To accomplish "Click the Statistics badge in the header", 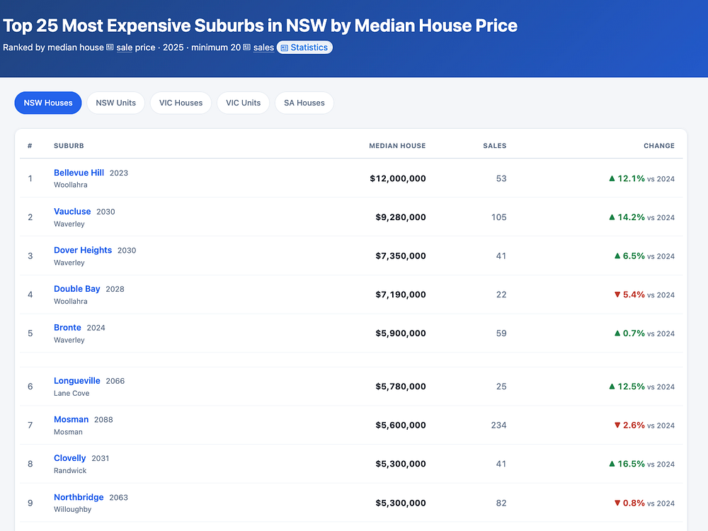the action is pos(304,47).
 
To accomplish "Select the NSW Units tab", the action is pos(115,103).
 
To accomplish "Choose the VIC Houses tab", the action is pos(181,103).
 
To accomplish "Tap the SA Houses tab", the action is pos(304,103).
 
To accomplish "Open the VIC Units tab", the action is pos(244,103).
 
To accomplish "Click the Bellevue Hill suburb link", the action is pos(79,173).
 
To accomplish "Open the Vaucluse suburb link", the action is pos(72,211).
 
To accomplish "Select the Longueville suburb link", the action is pos(76,381).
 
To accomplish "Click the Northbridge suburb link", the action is pos(79,497).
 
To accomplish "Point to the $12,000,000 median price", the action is pos(398,178).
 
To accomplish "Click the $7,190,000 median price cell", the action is pos(401,295).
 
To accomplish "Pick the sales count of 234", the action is pos(498,425).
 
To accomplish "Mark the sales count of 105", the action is pos(498,217).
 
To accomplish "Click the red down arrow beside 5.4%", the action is pos(617,295).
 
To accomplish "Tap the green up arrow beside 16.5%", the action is pos(612,464).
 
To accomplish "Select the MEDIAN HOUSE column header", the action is pos(397,146).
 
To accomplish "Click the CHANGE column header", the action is pos(658,146).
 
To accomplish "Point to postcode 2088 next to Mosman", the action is pos(103,419).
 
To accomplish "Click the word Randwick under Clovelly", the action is pos(70,471).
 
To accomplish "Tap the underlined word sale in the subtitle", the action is pos(124,47).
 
